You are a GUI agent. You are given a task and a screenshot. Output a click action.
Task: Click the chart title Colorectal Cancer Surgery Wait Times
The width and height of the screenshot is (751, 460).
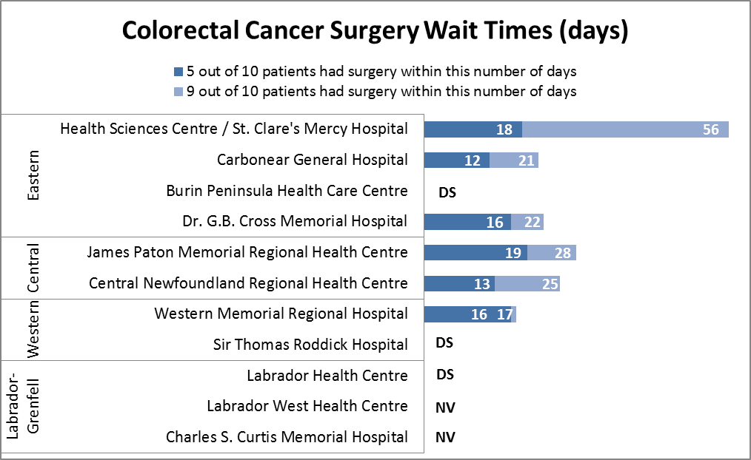[375, 31]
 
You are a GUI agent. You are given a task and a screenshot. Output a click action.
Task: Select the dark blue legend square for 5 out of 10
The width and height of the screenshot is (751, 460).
[178, 72]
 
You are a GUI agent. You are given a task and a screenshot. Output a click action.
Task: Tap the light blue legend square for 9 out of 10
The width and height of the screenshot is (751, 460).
[178, 92]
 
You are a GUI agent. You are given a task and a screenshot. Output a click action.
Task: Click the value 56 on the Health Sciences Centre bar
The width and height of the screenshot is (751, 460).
[710, 129]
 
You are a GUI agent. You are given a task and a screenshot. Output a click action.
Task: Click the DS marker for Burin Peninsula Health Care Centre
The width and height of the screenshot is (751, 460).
[447, 192]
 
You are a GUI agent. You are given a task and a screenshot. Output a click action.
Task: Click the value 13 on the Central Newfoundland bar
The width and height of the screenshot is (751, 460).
[481, 284]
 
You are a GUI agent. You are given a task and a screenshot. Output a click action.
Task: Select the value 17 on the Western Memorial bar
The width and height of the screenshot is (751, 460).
[505, 314]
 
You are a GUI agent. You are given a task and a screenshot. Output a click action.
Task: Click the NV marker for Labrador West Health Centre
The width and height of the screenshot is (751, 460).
[445, 407]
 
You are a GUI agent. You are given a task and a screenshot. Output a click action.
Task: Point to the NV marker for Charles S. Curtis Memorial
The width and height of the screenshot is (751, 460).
[445, 437]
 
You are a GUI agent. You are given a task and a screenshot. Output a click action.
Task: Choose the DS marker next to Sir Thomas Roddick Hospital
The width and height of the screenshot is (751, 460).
[444, 343]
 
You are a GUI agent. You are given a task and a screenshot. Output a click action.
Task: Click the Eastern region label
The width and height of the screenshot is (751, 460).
[33, 176]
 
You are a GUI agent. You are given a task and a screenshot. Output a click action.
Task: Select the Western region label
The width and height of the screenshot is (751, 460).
[33, 330]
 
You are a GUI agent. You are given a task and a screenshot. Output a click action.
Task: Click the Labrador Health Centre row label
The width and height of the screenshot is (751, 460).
[327, 376]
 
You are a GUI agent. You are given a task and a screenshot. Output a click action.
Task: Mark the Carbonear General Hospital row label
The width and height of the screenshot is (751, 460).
[312, 160]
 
